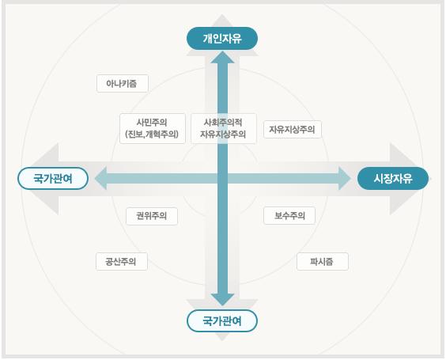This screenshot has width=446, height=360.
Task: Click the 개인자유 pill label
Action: click(222, 39)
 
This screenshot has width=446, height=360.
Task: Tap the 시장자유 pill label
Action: click(393, 179)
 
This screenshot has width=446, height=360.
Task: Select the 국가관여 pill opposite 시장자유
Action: click(53, 179)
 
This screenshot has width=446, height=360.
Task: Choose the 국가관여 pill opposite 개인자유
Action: click(222, 320)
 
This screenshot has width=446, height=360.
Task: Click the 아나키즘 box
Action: click(123, 83)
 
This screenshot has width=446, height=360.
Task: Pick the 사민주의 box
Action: click(153, 128)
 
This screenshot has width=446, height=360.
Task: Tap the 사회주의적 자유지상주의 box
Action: click(224, 128)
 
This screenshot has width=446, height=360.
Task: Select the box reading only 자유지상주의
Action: click(293, 130)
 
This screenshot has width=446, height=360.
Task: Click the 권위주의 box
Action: click(152, 216)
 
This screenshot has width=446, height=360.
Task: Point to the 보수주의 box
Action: click(289, 216)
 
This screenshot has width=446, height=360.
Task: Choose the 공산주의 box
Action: click(122, 261)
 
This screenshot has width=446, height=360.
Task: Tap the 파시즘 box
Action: click(323, 261)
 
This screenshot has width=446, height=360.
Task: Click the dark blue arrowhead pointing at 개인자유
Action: click(222, 58)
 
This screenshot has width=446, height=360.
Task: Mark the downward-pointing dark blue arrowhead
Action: click(222, 300)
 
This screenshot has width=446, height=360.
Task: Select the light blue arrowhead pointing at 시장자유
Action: click(345, 179)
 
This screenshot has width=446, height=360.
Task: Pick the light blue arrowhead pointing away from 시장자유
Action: click(100, 179)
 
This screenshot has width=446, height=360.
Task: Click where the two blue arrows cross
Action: click(222, 179)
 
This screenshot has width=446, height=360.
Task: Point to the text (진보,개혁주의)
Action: click(152, 134)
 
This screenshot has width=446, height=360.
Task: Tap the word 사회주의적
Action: click(223, 123)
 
